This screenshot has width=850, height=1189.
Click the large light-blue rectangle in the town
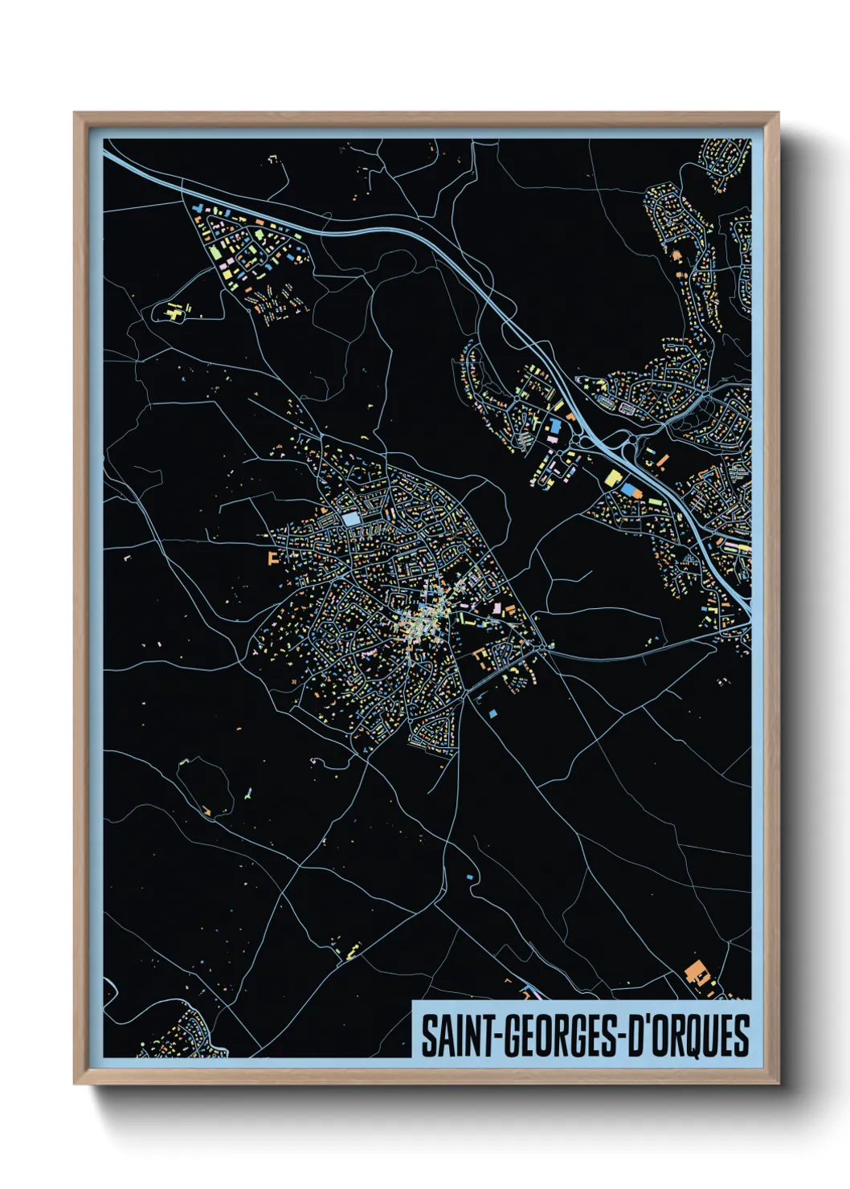click(x=351, y=520)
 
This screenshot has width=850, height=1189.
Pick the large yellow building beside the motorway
click(x=613, y=478)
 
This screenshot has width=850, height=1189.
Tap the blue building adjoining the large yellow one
click(x=627, y=488)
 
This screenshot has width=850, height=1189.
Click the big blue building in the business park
click(x=555, y=424)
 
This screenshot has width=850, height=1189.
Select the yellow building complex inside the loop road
click(x=174, y=313)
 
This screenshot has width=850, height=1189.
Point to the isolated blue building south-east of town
click(x=492, y=712)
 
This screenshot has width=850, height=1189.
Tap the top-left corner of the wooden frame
click(x=75, y=114)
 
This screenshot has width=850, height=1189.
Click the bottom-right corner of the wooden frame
click(x=778, y=1084)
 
